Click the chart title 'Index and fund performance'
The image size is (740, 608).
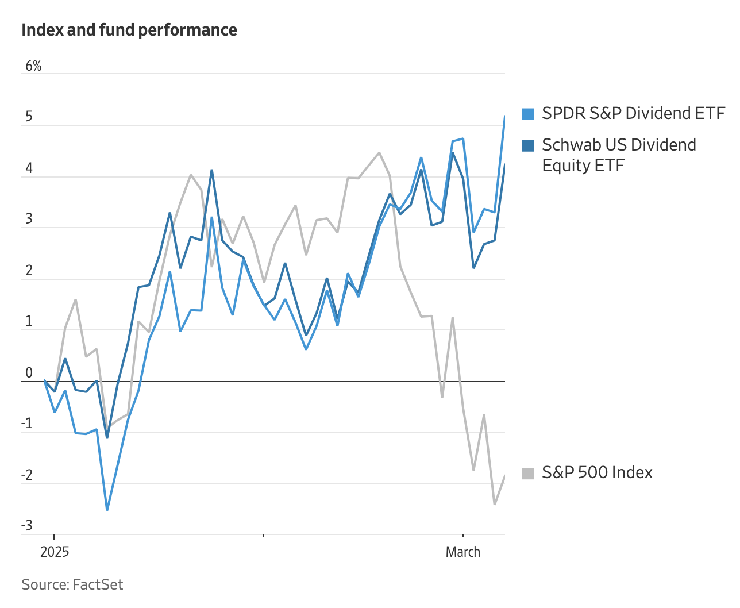(x=129, y=30)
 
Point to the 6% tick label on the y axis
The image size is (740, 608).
(x=33, y=66)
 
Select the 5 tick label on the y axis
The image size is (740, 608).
(x=29, y=117)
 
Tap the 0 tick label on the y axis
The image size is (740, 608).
(x=29, y=372)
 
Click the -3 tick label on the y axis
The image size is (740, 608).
(x=27, y=525)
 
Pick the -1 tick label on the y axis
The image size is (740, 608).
(x=27, y=424)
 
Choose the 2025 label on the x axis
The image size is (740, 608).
(x=55, y=552)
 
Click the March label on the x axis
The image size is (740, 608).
(x=463, y=552)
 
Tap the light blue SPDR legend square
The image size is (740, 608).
(x=528, y=114)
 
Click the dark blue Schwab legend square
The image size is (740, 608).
(x=528, y=145)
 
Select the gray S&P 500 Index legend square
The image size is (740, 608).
(x=528, y=473)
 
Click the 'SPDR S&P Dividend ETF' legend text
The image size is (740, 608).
(x=633, y=113)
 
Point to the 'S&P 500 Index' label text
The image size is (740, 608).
(x=597, y=472)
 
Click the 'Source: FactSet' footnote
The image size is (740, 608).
(x=72, y=584)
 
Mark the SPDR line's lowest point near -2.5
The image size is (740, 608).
(x=107, y=510)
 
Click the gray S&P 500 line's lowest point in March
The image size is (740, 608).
(x=494, y=504)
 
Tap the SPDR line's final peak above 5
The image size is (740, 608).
(x=504, y=116)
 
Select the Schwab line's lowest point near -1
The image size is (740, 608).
(x=107, y=438)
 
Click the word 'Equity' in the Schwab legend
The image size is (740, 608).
(x=562, y=166)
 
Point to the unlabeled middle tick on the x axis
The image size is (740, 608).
(x=263, y=536)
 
